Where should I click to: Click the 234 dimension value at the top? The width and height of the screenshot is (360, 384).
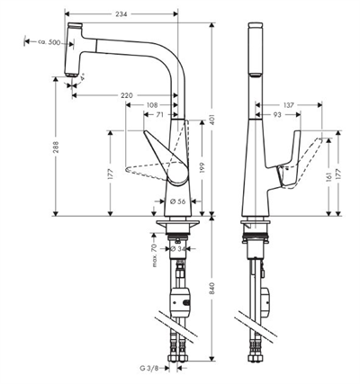click(x=121, y=13)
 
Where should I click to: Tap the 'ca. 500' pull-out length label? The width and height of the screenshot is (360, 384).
click(x=49, y=42)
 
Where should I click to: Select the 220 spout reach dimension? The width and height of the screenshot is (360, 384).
click(x=127, y=95)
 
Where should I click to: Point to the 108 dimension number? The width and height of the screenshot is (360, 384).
click(x=152, y=105)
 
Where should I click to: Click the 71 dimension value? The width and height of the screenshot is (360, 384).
click(x=159, y=114)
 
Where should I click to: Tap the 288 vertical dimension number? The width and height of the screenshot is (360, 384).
click(x=56, y=147)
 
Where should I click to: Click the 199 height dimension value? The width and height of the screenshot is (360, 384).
click(x=202, y=169)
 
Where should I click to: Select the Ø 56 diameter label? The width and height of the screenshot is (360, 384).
click(x=178, y=201)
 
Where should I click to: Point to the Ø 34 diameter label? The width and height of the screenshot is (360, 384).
click(x=178, y=248)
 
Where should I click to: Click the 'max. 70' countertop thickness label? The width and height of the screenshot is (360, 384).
click(x=155, y=255)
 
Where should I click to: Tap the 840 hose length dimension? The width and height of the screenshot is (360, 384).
click(x=212, y=289)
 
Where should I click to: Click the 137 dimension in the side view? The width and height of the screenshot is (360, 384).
click(x=289, y=105)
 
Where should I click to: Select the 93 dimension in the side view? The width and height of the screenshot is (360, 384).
click(x=277, y=114)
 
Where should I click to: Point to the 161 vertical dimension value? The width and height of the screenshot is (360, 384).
click(x=328, y=177)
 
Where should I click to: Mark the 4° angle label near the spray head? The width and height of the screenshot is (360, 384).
click(x=82, y=76)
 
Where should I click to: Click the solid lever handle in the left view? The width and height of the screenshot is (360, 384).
click(x=169, y=159)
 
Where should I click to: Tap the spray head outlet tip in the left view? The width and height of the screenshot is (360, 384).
click(x=71, y=75)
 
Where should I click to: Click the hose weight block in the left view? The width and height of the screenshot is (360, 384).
click(x=180, y=299)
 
